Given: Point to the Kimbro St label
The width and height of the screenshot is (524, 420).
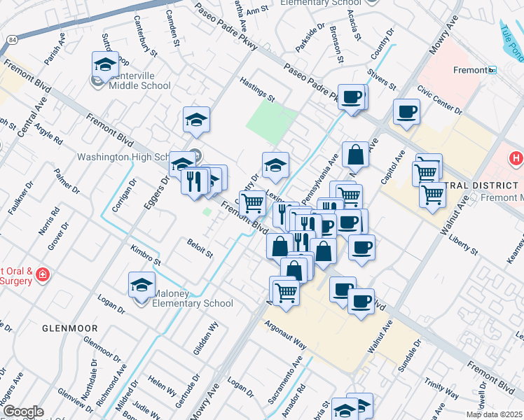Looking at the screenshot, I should pyautogui.click(x=146, y=255).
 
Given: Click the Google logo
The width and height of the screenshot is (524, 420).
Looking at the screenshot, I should pyautogui.click(x=23, y=412).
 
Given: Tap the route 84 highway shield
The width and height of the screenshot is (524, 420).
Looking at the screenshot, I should pyautogui.click(x=14, y=41).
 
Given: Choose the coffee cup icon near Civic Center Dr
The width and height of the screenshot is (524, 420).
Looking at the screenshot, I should pyautogui.click(x=406, y=112).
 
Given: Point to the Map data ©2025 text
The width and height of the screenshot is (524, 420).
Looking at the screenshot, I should pyautogui.click(x=495, y=414).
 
